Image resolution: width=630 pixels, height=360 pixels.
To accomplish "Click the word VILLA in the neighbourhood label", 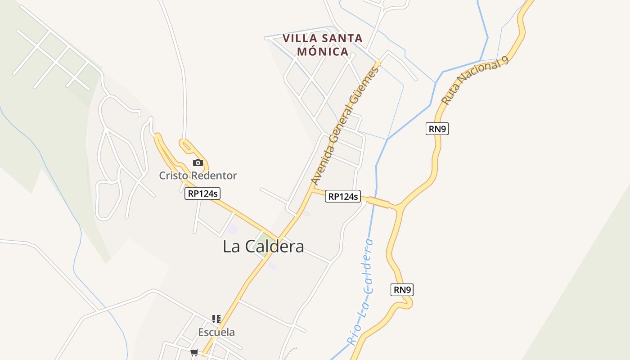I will [300, 38].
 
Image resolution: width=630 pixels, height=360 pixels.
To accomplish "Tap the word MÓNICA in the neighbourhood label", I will [323, 51].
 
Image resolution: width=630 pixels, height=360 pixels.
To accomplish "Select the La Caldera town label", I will [263, 247].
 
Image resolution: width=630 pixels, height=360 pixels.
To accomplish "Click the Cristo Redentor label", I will [198, 175].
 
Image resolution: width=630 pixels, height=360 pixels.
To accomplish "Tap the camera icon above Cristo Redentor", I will [198, 162].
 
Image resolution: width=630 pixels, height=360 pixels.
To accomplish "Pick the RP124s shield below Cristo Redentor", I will [202, 193].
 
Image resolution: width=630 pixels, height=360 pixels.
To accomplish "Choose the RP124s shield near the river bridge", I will [343, 196].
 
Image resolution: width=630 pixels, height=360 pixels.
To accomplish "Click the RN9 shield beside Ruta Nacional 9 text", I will [437, 129].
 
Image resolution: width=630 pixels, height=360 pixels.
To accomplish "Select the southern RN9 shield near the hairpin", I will [402, 290].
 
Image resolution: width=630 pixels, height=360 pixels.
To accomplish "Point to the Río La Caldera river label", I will [363, 292].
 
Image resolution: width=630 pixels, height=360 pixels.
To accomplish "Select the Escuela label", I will [216, 333].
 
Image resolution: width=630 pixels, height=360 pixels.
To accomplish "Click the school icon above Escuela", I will [216, 319].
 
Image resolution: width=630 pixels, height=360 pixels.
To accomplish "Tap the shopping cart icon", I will [194, 352].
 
